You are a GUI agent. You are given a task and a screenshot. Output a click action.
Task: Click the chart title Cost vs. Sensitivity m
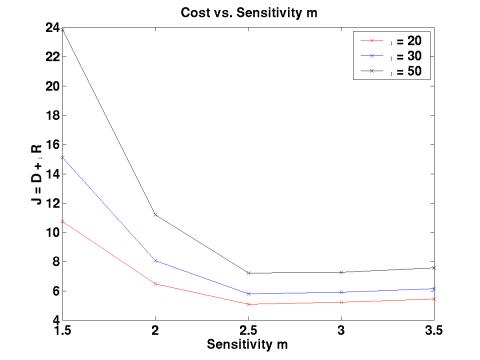[248, 11]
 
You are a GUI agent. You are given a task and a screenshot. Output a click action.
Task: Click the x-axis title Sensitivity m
[247, 343]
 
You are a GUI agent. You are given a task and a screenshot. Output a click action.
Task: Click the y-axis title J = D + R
[38, 173]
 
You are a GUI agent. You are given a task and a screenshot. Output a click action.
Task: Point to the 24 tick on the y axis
[52, 27]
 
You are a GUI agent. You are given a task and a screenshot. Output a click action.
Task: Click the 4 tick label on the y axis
[55, 320]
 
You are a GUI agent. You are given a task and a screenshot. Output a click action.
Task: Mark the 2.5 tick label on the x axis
[248, 330]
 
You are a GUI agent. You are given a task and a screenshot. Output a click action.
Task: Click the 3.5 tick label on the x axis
[434, 330]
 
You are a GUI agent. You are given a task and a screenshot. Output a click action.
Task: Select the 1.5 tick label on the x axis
[62, 330]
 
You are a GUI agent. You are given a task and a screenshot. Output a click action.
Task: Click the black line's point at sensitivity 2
[155, 214]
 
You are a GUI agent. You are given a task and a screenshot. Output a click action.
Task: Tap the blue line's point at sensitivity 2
[155, 261]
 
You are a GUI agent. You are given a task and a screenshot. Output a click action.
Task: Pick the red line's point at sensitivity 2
[155, 284]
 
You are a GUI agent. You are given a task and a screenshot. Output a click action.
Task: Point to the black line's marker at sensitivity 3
[341, 272]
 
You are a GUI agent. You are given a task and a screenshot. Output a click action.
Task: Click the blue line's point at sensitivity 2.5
[248, 294]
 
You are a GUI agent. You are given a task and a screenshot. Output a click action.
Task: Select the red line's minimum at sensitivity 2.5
[248, 304]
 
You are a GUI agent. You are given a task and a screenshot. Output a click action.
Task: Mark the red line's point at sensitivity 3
[341, 302]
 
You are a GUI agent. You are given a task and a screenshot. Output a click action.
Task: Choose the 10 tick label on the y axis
[52, 232]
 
